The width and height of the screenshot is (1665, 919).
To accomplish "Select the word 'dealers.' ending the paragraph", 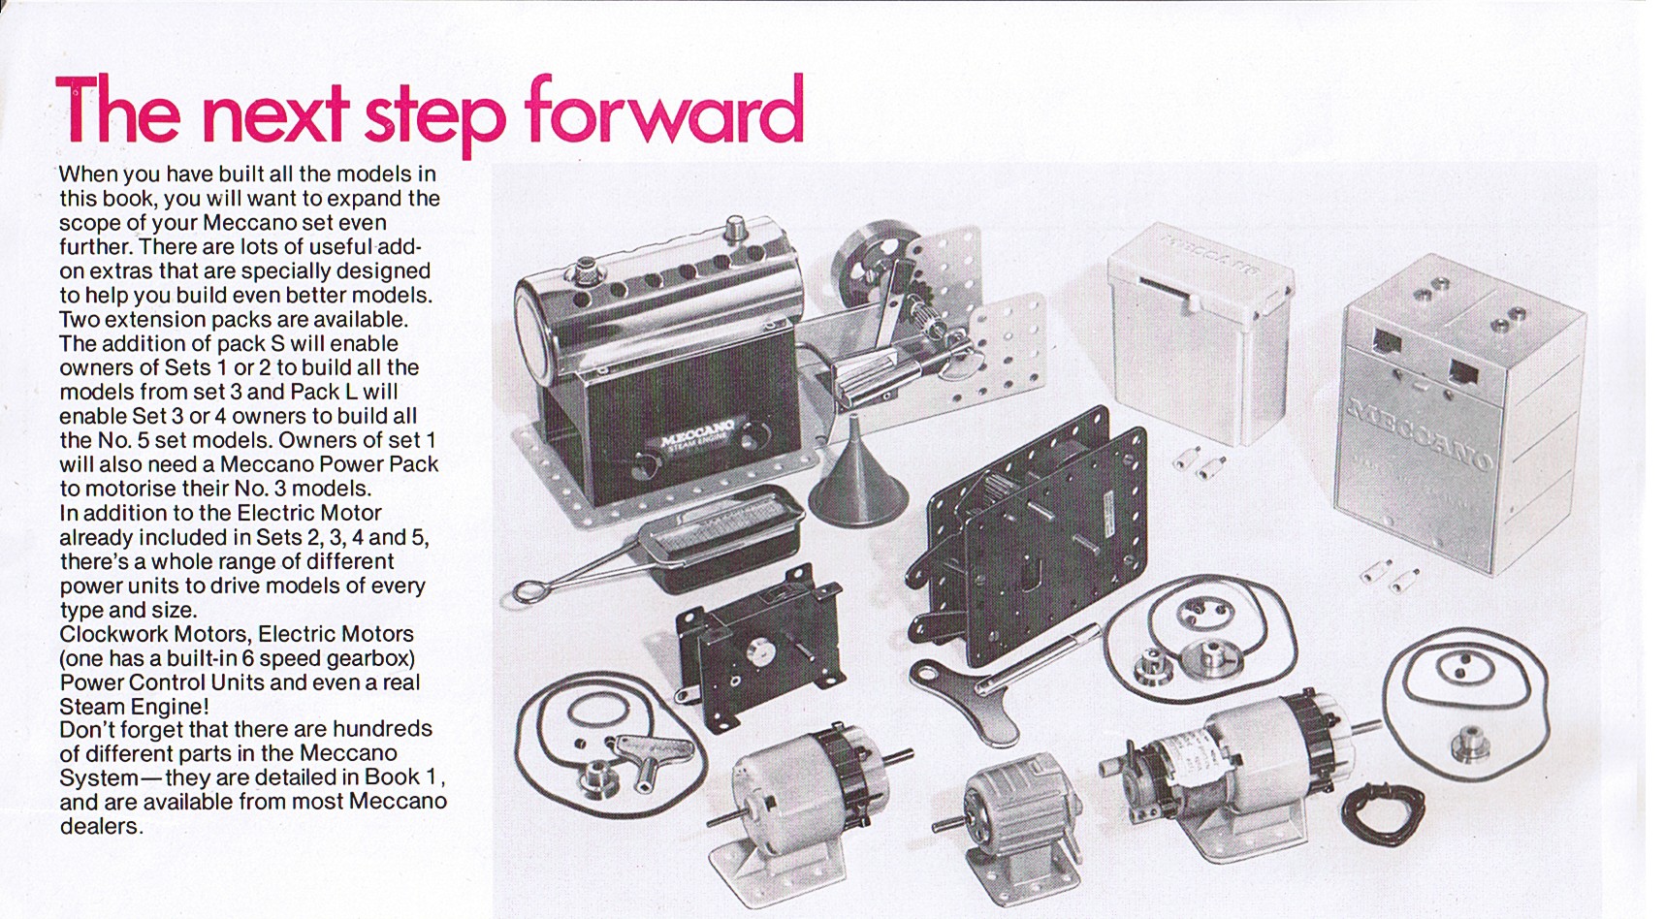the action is [x=101, y=826].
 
